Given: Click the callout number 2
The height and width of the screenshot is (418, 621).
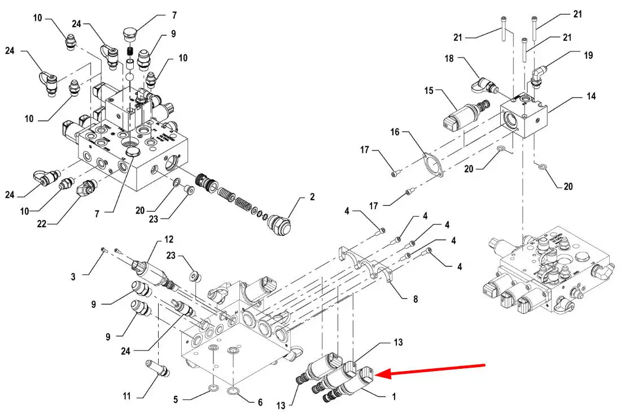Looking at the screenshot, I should (x=312, y=198).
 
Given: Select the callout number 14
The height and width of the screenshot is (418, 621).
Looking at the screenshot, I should (x=591, y=97).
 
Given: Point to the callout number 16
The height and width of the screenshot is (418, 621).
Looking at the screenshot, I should (x=395, y=131).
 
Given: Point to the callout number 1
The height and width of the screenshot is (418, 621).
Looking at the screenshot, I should (x=393, y=397).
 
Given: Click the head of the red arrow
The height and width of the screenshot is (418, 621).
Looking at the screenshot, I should (x=377, y=374).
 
